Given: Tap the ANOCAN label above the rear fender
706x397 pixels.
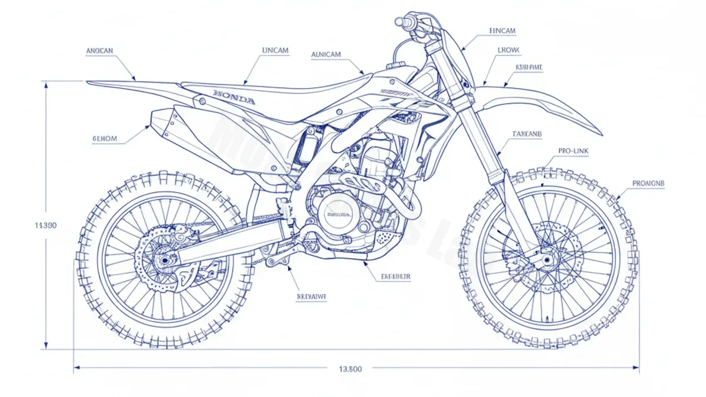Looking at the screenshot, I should coord(99,51).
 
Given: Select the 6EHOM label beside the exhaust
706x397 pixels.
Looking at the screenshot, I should coord(105,139).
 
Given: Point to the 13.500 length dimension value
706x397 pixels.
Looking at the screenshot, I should coord(351,369).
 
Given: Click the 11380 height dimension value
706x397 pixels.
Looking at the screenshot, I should coord(46,225).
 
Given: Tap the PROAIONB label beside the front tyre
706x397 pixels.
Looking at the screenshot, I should coord(648,184).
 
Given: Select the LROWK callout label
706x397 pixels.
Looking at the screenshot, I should coord(508,51).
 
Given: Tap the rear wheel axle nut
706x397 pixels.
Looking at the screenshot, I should coord(163,260).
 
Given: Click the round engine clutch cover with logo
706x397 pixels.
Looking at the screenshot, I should coord(337,214).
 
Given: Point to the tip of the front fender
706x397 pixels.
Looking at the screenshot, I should coord(600,134).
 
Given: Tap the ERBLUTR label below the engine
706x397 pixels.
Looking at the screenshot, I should coord(396,276).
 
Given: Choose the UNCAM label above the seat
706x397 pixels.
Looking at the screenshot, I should coord(275,51).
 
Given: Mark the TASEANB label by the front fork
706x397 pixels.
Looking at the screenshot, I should coord(527,134).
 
